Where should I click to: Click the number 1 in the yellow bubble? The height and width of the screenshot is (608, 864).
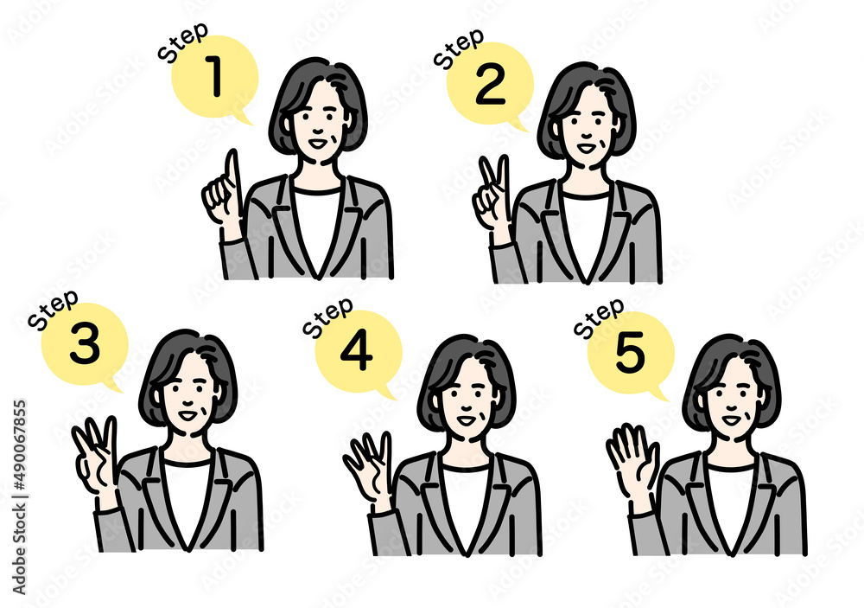(214, 76)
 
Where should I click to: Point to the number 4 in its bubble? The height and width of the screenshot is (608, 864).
(357, 351)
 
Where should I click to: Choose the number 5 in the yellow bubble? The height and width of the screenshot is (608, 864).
(630, 351)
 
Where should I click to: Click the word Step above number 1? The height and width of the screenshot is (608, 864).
(183, 42)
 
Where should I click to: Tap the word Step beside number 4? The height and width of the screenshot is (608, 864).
(328, 317)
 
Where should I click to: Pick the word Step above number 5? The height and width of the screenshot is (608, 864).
(599, 317)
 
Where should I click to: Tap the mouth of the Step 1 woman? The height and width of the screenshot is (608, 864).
(318, 144)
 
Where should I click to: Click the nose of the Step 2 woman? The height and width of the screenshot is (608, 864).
(587, 131)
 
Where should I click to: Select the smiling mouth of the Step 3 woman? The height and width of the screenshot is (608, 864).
(187, 415)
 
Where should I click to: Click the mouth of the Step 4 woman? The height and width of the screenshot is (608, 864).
(466, 420)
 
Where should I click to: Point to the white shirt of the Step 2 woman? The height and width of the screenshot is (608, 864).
(587, 232)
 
